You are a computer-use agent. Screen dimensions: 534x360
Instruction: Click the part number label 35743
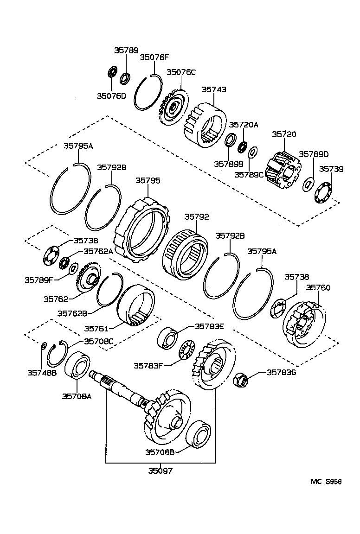[214, 89]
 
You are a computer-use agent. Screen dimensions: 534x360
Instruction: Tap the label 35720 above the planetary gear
[284, 134]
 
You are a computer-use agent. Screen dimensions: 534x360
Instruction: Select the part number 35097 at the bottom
[161, 471]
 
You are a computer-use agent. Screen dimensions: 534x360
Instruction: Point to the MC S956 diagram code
[326, 482]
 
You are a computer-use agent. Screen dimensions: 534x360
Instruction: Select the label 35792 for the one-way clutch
[197, 216]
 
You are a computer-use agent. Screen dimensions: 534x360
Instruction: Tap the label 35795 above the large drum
[148, 180]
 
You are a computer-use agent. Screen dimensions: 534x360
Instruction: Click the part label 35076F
[155, 57]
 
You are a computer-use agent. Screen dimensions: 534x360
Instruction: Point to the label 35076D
[111, 96]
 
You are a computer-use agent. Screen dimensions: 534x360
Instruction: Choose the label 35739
[331, 169]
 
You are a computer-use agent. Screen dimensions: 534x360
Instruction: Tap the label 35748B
[41, 372]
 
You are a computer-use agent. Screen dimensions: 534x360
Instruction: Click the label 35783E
[209, 326]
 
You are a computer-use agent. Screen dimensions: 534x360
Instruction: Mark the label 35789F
[39, 280]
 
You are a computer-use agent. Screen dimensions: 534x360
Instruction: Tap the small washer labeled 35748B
[43, 345]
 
